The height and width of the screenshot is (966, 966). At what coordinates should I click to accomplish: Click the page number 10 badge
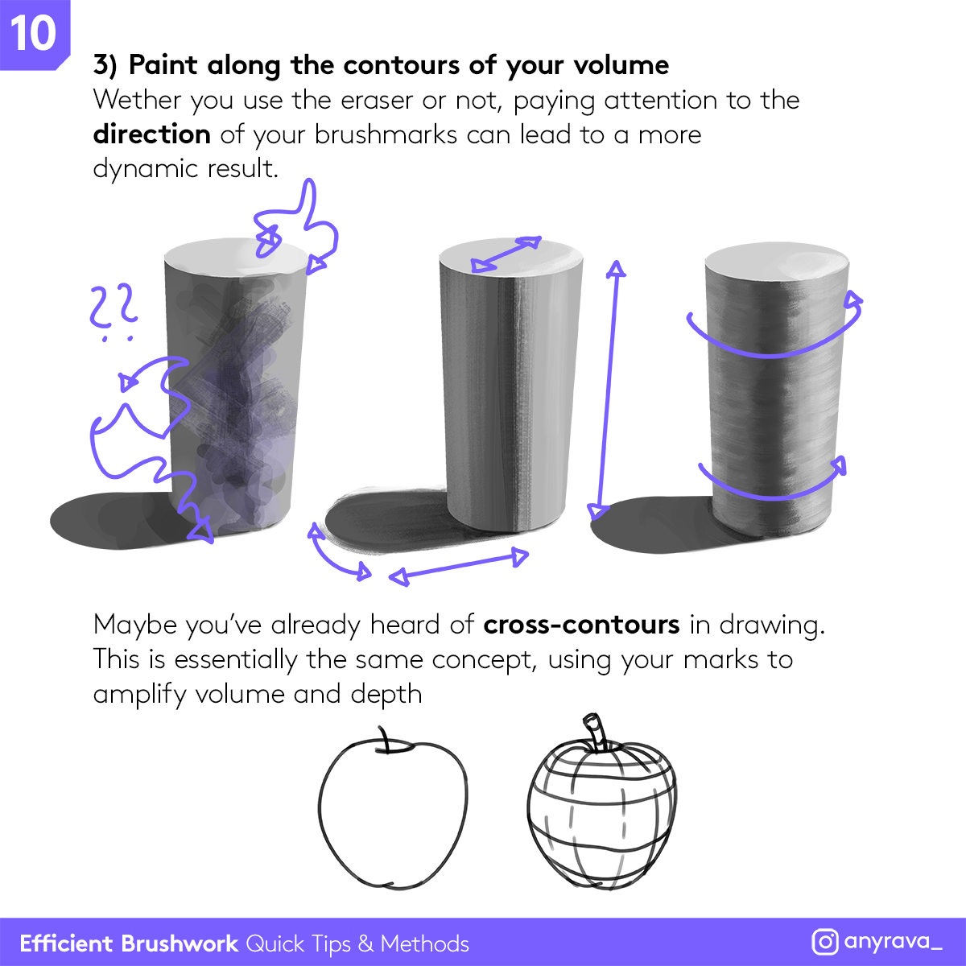(x=34, y=34)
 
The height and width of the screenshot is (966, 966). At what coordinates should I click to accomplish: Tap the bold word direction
(x=152, y=134)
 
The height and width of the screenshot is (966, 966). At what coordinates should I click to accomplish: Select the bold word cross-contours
(x=581, y=625)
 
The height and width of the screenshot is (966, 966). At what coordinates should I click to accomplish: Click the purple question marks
(x=114, y=312)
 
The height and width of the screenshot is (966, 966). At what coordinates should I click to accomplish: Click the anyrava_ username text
(x=893, y=941)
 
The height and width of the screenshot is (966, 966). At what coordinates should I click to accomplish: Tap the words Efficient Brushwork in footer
(x=129, y=943)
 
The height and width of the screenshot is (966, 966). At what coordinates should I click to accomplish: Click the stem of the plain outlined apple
(x=385, y=740)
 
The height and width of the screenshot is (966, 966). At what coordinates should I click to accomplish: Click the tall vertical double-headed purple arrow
(x=607, y=390)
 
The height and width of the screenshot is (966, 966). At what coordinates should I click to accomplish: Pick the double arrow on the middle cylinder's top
(x=506, y=254)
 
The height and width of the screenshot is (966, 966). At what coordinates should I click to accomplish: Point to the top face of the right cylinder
(x=777, y=265)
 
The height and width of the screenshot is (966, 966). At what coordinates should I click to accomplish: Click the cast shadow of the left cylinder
(x=115, y=522)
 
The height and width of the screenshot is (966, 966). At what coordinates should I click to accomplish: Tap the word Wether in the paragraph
(x=137, y=100)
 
